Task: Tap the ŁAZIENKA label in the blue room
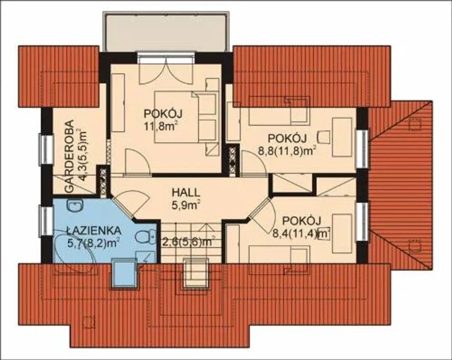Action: point(94,231)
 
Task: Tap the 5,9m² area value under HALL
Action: point(185,205)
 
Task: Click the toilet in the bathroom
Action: point(145,237)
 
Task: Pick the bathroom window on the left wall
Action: point(45,221)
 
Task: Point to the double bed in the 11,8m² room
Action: point(186,117)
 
